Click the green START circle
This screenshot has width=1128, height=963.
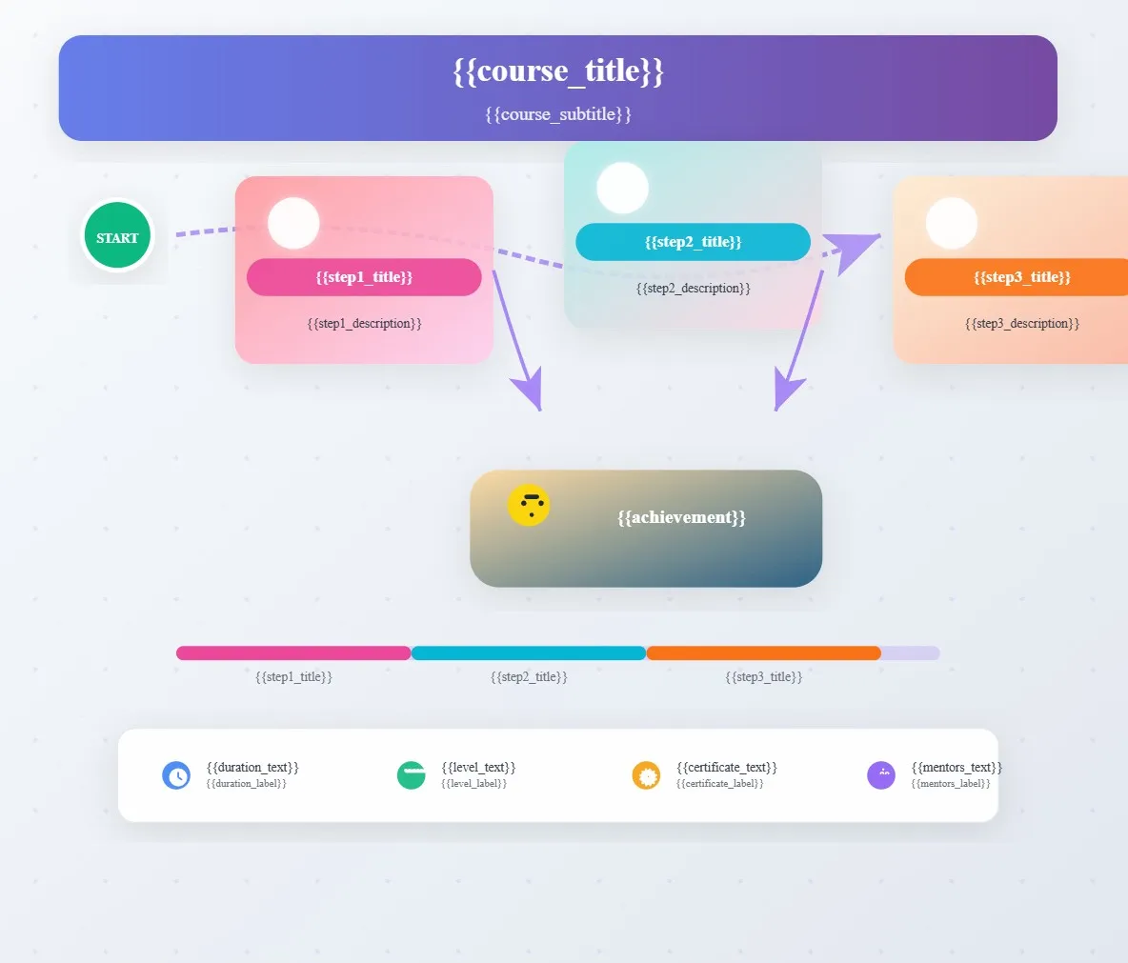tap(117, 236)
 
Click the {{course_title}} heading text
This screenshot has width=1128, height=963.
tap(558, 71)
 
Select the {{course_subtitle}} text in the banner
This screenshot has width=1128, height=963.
tap(558, 114)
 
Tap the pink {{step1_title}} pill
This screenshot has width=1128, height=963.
tap(364, 277)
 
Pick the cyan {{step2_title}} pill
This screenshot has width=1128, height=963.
tap(693, 242)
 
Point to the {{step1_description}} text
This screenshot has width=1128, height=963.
tap(364, 324)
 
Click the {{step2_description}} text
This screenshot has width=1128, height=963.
tap(693, 289)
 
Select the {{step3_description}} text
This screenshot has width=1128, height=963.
tap(1021, 324)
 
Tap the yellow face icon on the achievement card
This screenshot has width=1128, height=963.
tap(529, 505)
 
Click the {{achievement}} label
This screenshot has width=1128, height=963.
tap(681, 517)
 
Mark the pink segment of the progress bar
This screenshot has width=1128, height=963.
tap(293, 653)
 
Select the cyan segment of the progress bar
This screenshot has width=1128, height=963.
tap(529, 653)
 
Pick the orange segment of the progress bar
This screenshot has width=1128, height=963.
tap(763, 653)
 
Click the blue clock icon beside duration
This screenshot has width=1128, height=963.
tap(176, 775)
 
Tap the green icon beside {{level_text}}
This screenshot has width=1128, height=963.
tap(411, 775)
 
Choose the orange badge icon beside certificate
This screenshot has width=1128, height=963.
tap(646, 775)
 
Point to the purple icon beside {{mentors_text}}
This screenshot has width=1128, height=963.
tap(881, 775)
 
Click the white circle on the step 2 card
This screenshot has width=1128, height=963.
tap(622, 188)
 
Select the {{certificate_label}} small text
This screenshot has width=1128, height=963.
tap(720, 784)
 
